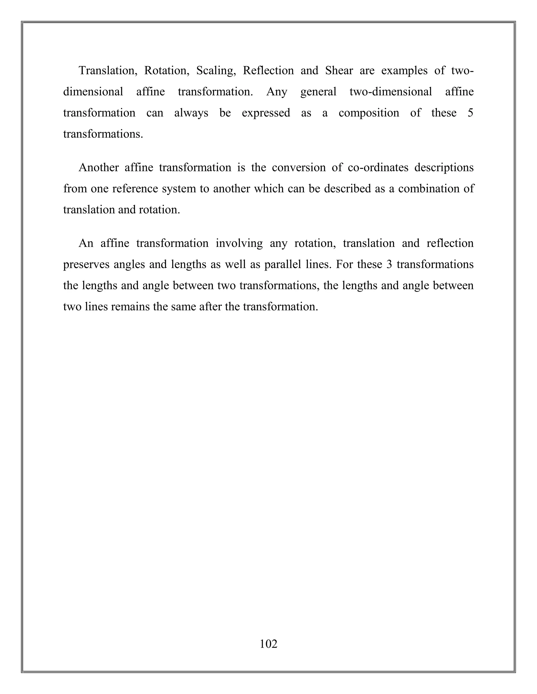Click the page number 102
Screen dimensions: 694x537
pos(268,644)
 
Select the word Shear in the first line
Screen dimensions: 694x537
pos(339,70)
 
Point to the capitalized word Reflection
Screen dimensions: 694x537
pos(268,70)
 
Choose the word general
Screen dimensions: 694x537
pos(318,92)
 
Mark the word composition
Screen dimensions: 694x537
pos(369,113)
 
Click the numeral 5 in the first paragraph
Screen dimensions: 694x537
pos(470,113)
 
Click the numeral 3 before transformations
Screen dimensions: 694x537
pos(389,265)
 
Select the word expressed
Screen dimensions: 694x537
pos(266,113)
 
